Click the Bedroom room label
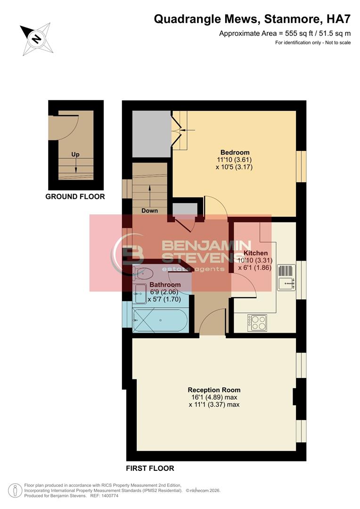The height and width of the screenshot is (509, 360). point(235,152)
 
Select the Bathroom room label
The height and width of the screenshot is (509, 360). point(165,285)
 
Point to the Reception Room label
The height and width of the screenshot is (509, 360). point(214,390)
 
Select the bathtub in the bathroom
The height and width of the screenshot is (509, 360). point(160,321)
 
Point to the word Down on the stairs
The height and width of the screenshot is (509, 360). point(149,211)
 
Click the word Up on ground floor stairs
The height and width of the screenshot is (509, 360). point(75,154)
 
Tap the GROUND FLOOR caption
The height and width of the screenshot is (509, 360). point(75,197)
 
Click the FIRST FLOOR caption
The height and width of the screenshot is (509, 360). point(150,468)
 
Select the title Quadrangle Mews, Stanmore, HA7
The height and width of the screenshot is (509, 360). point(253,19)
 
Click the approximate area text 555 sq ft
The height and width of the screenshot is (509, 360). point(285,33)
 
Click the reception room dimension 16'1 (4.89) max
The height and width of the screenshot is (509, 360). point(214,397)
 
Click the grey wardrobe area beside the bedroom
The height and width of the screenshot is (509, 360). point(151,134)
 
